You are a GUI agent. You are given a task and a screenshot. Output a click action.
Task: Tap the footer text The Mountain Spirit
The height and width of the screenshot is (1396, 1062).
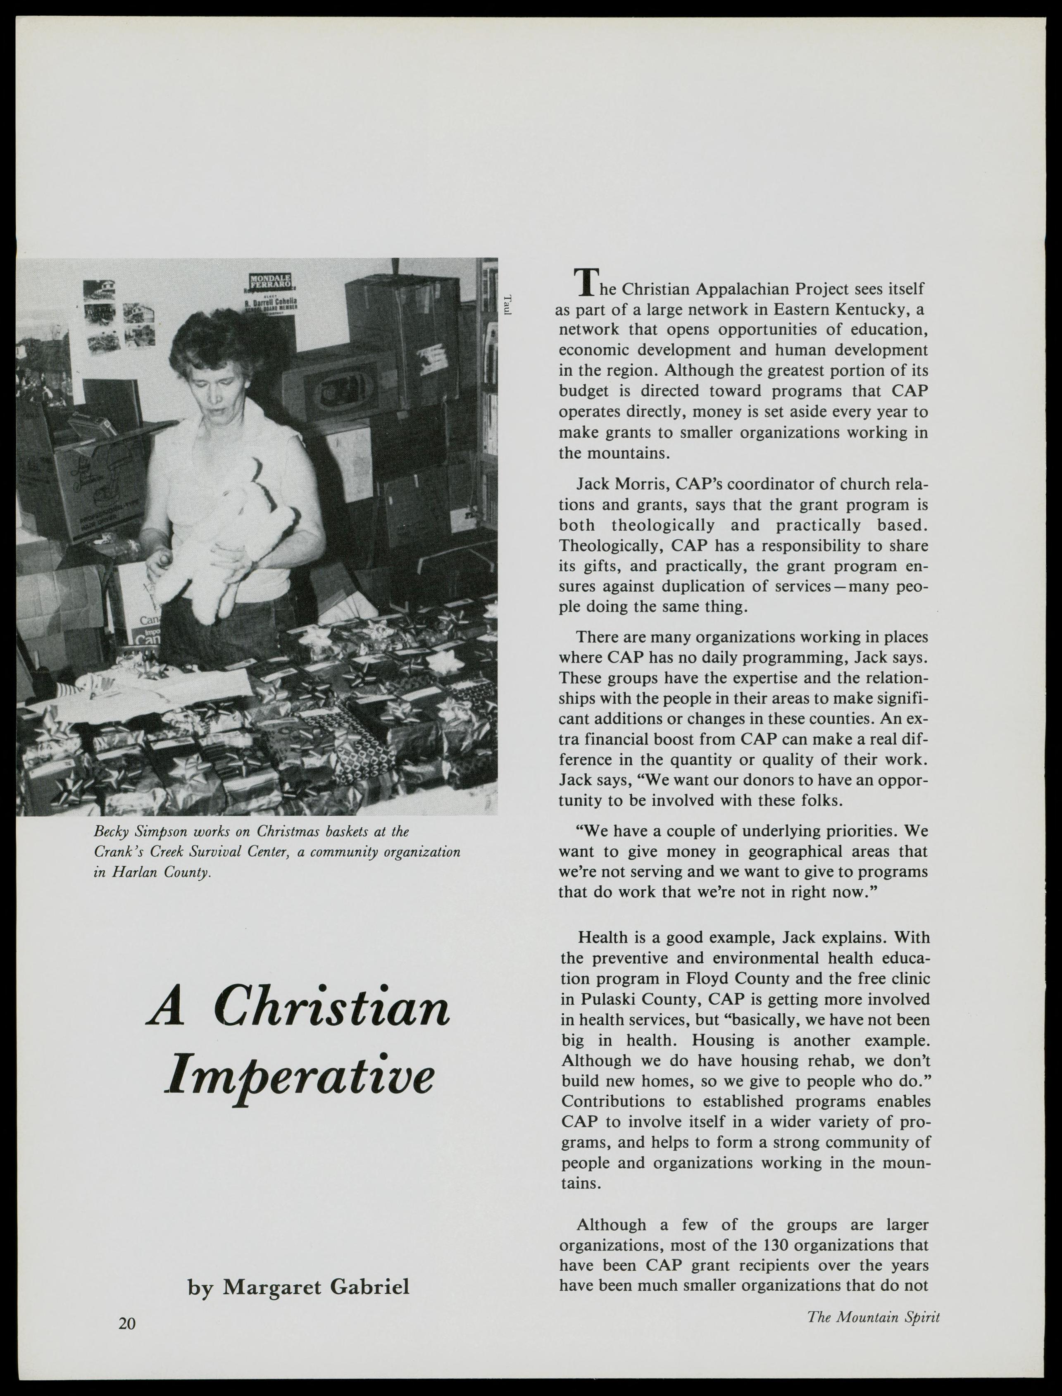point(873,1315)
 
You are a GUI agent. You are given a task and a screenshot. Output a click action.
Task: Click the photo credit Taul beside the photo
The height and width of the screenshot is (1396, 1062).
point(507,305)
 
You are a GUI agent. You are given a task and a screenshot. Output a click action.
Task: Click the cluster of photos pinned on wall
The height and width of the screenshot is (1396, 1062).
point(120,316)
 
